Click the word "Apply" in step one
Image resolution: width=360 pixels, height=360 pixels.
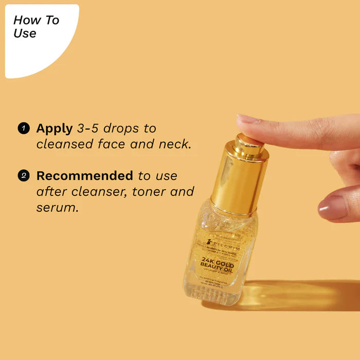click(x=54, y=129)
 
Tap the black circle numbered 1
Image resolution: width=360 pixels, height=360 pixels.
click(x=23, y=128)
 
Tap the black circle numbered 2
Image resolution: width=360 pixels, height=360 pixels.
click(x=23, y=176)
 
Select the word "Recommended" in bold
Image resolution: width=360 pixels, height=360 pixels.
click(x=84, y=176)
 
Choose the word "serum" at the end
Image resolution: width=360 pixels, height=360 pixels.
click(x=57, y=208)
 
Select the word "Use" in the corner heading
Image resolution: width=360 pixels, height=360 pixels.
click(x=25, y=34)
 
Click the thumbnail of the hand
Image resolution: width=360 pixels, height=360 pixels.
click(x=333, y=208)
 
